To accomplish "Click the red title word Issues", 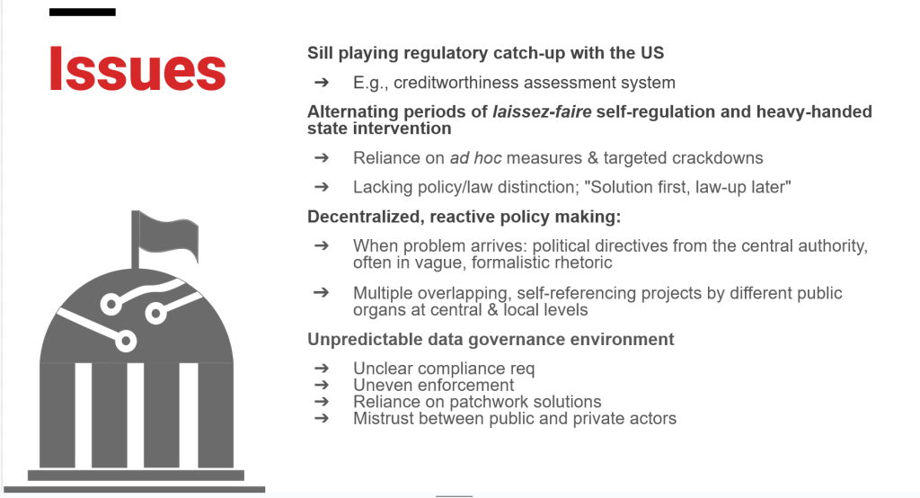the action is (x=137, y=68).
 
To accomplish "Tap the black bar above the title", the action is (x=82, y=12).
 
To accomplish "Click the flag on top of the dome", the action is (x=168, y=237).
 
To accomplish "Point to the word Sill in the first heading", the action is (x=320, y=53).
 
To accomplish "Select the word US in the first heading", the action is (x=652, y=53).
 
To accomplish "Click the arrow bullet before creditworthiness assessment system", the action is (x=322, y=82).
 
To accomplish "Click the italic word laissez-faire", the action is (x=542, y=111).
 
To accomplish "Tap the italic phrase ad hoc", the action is (x=475, y=158).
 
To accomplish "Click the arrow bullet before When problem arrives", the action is (x=322, y=245).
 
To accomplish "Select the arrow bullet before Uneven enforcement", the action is (x=322, y=386).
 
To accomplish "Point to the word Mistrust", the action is (x=381, y=419).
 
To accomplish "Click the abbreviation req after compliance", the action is (x=522, y=369).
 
